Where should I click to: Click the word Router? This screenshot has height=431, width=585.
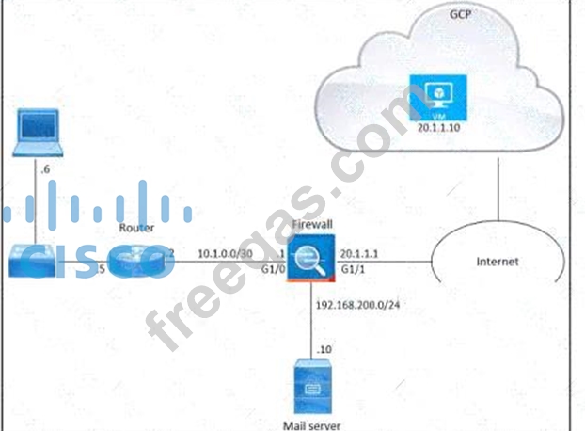pos(137,226)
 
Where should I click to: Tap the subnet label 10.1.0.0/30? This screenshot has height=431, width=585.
pos(225,253)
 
